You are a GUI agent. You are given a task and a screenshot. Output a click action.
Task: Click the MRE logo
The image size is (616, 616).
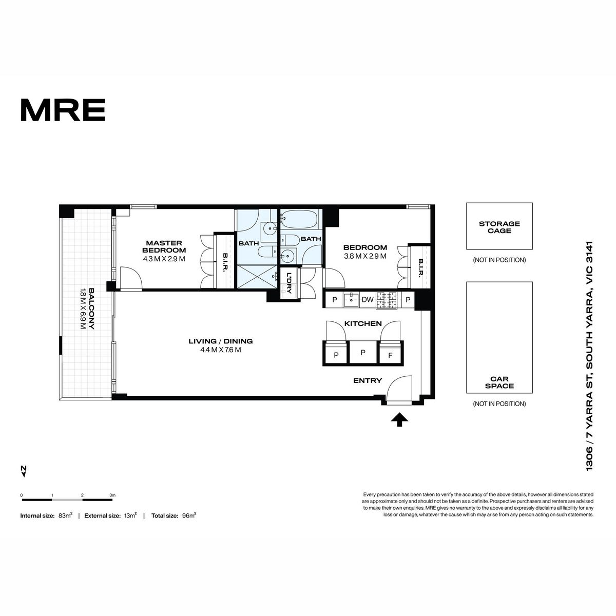point(63,110)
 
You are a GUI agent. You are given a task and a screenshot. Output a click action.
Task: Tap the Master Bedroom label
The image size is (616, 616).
point(164,246)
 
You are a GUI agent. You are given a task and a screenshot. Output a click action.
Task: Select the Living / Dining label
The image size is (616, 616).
point(221,341)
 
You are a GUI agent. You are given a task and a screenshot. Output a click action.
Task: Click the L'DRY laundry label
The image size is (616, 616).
point(289,282)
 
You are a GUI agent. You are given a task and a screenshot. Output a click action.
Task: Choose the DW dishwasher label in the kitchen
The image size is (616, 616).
point(368,299)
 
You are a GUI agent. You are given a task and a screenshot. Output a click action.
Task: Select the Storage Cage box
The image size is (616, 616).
point(499,226)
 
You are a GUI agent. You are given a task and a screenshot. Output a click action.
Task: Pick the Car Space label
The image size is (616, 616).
point(499,382)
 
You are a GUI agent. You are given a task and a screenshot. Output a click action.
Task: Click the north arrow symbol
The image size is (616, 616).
point(23,471)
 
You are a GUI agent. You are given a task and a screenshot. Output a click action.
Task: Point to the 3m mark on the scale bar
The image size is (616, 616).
point(112,495)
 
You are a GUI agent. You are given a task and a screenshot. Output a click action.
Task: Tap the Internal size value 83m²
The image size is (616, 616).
point(66,515)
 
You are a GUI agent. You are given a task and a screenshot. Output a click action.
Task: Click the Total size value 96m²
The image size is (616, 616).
point(189,515)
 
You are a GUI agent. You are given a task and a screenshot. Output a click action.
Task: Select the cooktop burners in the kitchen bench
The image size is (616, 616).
point(387,300)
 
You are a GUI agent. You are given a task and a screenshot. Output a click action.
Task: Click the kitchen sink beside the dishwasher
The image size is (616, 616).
point(351,299)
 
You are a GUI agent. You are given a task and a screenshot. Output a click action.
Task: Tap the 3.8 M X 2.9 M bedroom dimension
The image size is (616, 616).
point(365,256)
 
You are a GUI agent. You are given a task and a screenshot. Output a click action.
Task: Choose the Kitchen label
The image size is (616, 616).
point(363,323)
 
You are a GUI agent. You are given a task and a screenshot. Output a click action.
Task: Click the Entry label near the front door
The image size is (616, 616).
point(368,380)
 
